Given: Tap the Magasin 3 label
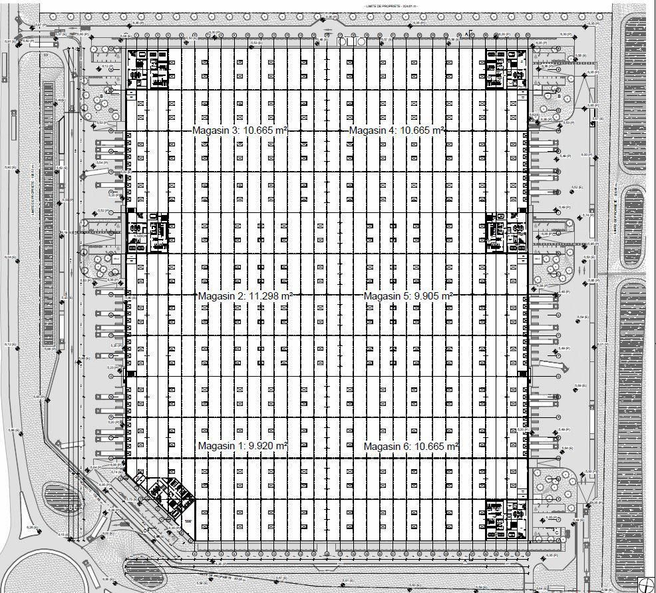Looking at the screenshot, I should (216, 130).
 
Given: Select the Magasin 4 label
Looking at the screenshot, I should (373, 130).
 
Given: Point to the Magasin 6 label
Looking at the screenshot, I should (388, 446).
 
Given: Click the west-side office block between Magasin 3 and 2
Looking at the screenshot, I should (148, 232).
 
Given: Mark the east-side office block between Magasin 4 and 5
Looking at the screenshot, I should (507, 232).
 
